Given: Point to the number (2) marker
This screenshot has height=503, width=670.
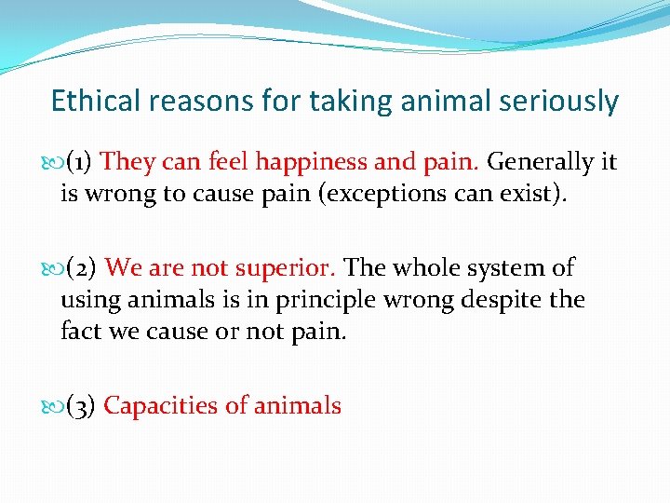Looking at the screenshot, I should [83, 268].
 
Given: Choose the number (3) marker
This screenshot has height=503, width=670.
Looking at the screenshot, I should [82, 406].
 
